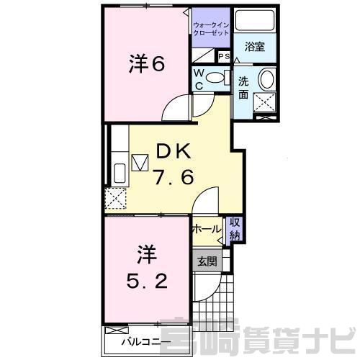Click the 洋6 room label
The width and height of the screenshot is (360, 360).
147,64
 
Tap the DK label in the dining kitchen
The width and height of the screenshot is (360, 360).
174,151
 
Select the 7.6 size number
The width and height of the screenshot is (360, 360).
174,177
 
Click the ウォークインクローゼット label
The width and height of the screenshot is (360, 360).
211,29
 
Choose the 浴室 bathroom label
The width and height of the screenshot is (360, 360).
255,47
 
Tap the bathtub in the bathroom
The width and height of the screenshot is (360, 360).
255,20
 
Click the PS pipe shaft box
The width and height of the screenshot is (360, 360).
224,56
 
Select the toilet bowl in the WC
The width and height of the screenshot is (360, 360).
215,77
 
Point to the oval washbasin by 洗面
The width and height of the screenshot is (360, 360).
267,78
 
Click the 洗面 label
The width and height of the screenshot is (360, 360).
243,89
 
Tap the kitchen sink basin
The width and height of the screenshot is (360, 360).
120,174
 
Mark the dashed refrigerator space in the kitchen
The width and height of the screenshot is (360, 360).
116,198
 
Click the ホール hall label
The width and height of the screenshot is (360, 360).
207,229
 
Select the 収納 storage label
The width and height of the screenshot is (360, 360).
235,229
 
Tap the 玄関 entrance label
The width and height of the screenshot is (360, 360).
207,261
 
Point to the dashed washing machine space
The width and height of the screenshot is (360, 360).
265,102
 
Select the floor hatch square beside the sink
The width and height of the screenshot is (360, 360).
140,163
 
